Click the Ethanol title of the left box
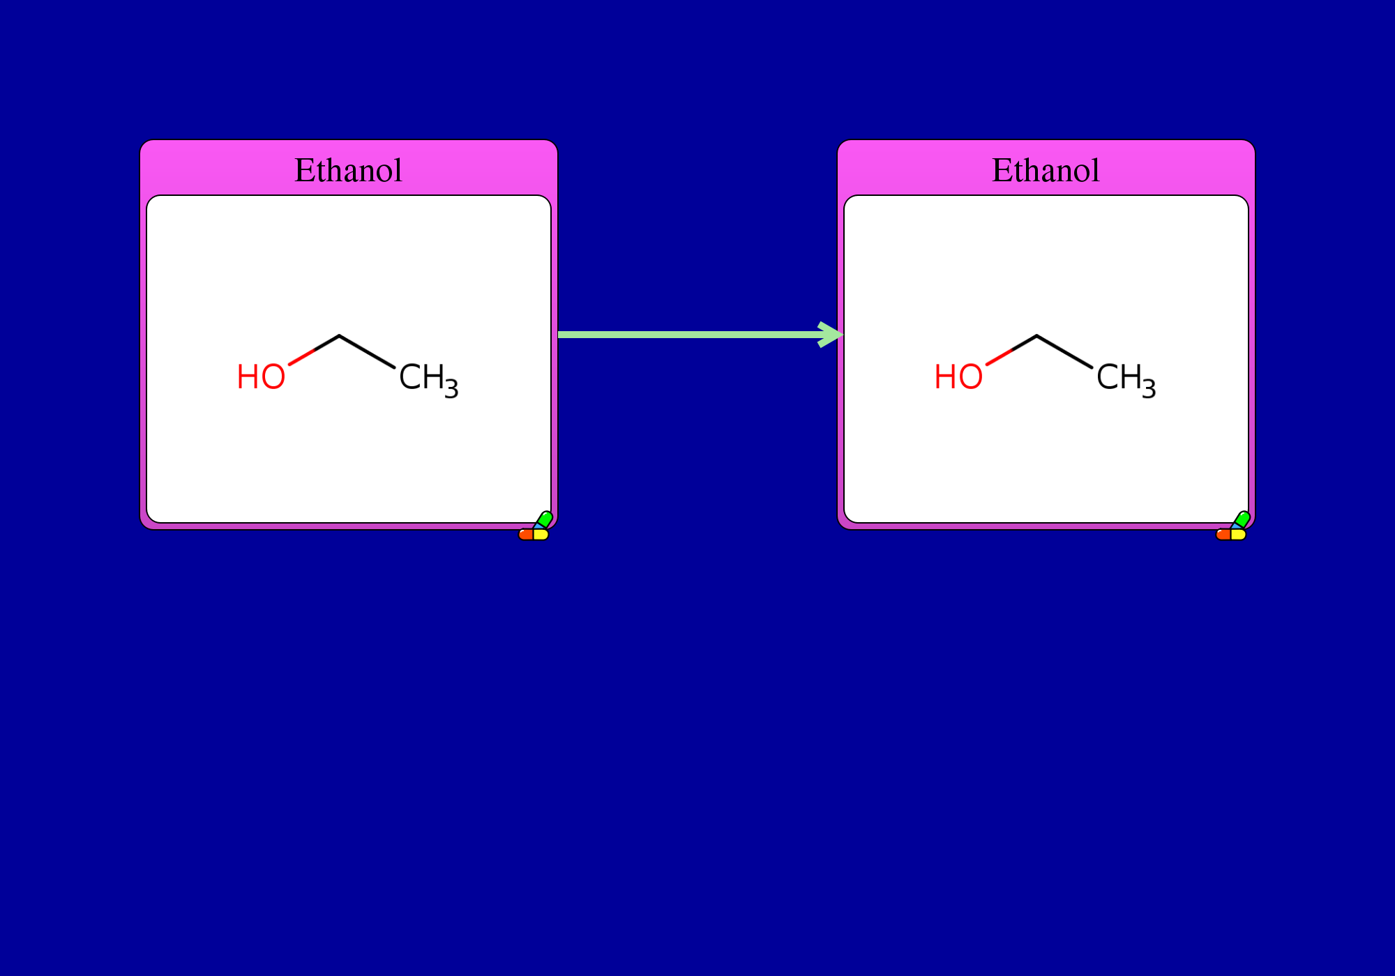click(x=348, y=170)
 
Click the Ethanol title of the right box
click(x=1046, y=170)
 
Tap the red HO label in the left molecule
click(x=261, y=377)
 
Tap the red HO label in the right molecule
click(x=958, y=377)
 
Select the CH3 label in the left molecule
click(x=428, y=380)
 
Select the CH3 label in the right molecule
click(x=1126, y=380)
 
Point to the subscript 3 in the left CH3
click(x=451, y=388)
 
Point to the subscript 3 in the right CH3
click(x=1149, y=388)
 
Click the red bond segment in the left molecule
click(x=302, y=357)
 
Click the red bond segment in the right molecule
click(x=1000, y=357)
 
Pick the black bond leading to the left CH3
click(x=367, y=351)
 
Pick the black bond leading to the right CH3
click(x=1064, y=351)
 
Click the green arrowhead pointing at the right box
click(x=831, y=335)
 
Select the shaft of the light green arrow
click(x=691, y=335)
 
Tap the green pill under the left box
click(x=545, y=519)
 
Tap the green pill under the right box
click(x=1242, y=519)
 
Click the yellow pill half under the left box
click(x=541, y=535)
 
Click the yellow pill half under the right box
click(x=1239, y=535)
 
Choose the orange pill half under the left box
click(x=526, y=535)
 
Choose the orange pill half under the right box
click(x=1223, y=535)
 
